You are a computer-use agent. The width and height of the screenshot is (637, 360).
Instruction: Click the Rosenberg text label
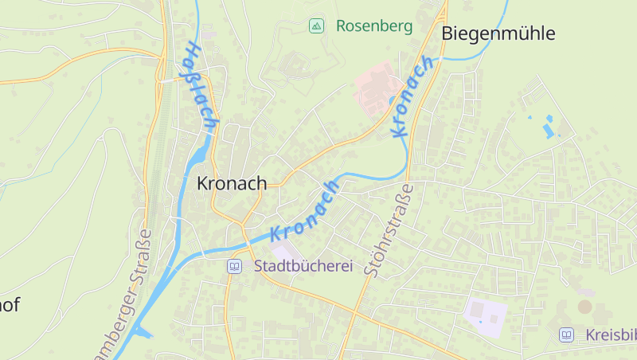pyautogui.click(x=374, y=26)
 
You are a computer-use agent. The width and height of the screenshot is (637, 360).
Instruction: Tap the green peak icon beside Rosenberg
pyautogui.click(x=316, y=26)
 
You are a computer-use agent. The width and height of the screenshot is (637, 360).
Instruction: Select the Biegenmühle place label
pyautogui.click(x=498, y=33)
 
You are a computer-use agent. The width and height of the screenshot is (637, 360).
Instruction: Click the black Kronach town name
pyautogui.click(x=232, y=183)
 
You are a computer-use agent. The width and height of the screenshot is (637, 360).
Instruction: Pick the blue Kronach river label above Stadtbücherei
pyautogui.click(x=306, y=211)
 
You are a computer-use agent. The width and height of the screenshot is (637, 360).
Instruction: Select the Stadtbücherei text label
pyautogui.click(x=303, y=267)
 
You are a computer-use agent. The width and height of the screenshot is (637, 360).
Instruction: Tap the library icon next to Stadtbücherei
pyautogui.click(x=234, y=267)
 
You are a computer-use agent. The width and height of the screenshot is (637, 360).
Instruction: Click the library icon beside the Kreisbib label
pyautogui.click(x=566, y=335)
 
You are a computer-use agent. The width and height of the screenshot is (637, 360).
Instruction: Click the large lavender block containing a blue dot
pyautogui.click(x=484, y=317)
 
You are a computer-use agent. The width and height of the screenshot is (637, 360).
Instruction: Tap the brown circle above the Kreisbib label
pyautogui.click(x=585, y=307)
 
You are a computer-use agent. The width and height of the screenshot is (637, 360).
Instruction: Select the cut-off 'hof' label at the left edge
pyautogui.click(x=10, y=304)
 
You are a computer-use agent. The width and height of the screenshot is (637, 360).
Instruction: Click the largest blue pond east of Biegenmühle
pyautogui.click(x=548, y=128)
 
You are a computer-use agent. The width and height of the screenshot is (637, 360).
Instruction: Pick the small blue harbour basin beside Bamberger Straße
pyautogui.click(x=145, y=333)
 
